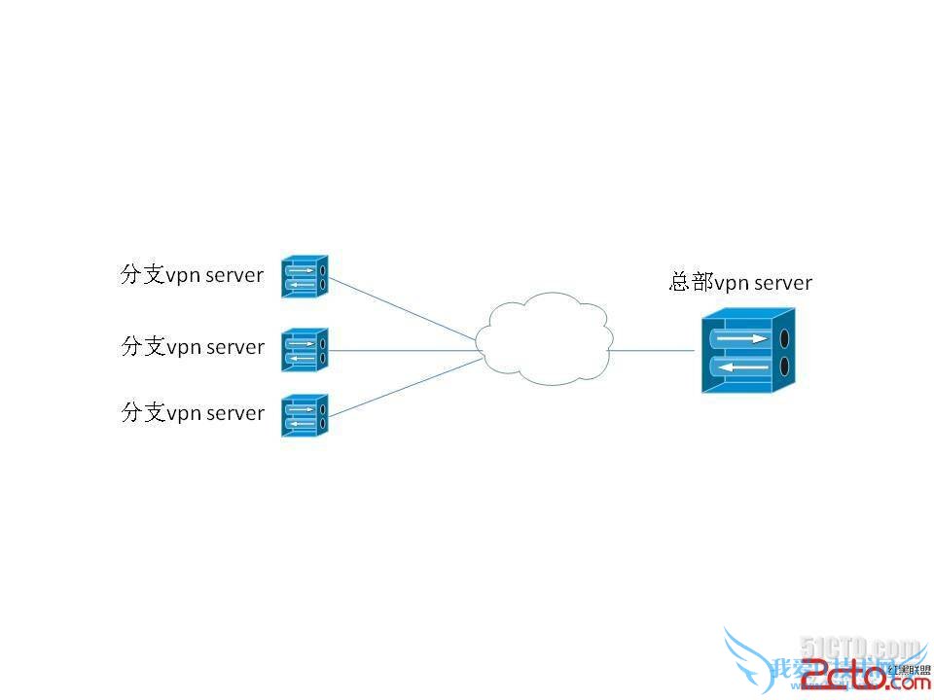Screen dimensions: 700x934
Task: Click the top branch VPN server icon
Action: click(x=305, y=276)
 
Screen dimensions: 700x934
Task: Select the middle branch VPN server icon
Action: click(x=305, y=349)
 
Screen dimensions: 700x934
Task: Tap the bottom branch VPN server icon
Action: click(x=305, y=415)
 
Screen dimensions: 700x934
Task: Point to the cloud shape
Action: click(x=545, y=340)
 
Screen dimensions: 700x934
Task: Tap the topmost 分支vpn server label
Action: click(x=192, y=275)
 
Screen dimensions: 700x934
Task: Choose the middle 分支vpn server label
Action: click(x=193, y=347)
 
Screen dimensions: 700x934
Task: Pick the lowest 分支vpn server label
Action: click(x=193, y=413)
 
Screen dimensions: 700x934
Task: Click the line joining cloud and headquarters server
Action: click(x=656, y=350)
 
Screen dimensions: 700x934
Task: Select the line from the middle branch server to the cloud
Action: click(x=404, y=350)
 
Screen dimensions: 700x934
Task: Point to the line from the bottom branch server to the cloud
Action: click(x=404, y=388)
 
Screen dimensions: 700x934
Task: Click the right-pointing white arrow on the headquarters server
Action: click(x=742, y=338)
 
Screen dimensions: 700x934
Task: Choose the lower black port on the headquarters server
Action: click(x=782, y=367)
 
